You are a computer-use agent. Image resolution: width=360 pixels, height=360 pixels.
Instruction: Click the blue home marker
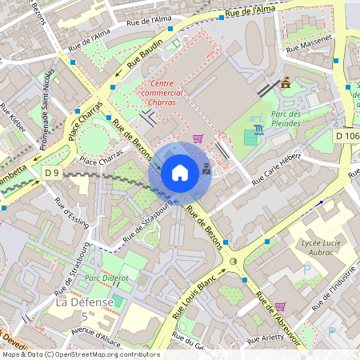click(180, 173)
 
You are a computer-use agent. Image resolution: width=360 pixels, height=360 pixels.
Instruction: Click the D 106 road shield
click(347, 136)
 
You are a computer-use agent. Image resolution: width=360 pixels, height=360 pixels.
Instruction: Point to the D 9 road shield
click(52, 172)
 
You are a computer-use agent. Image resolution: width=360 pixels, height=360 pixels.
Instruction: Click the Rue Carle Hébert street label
click(275, 169)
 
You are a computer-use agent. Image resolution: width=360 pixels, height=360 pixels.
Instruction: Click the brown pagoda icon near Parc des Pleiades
click(286, 82)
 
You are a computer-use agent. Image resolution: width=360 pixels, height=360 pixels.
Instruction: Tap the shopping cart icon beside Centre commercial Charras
click(198, 138)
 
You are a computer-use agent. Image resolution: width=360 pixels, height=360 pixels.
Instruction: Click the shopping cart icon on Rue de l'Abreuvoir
click(280, 305)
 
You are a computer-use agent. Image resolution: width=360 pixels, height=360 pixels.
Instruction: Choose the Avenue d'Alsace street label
click(97, 334)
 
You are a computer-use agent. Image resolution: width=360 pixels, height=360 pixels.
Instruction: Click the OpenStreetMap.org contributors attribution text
click(104, 354)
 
